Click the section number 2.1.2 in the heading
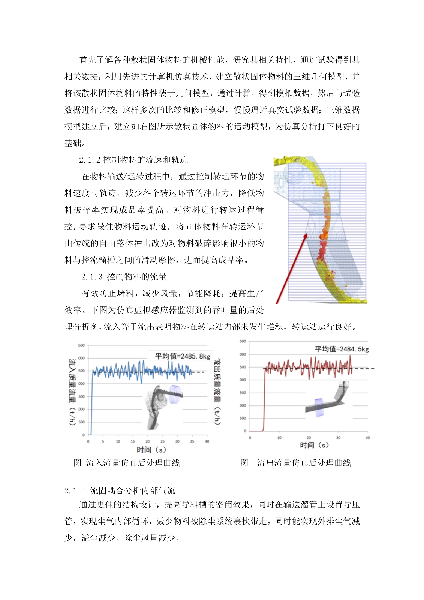90,160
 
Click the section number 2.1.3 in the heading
92,277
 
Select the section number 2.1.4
75,490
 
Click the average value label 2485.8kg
183,356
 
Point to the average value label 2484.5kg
342,349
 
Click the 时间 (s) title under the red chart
314,445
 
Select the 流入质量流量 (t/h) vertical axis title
72,392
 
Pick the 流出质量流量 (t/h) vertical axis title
217,392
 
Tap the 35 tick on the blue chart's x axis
192,441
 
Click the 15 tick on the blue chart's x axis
133,441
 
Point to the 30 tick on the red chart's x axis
338,438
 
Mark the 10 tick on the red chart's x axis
279,438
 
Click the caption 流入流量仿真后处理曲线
133,463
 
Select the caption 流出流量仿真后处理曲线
304,463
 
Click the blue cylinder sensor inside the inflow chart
175,394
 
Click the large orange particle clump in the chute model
323,236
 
